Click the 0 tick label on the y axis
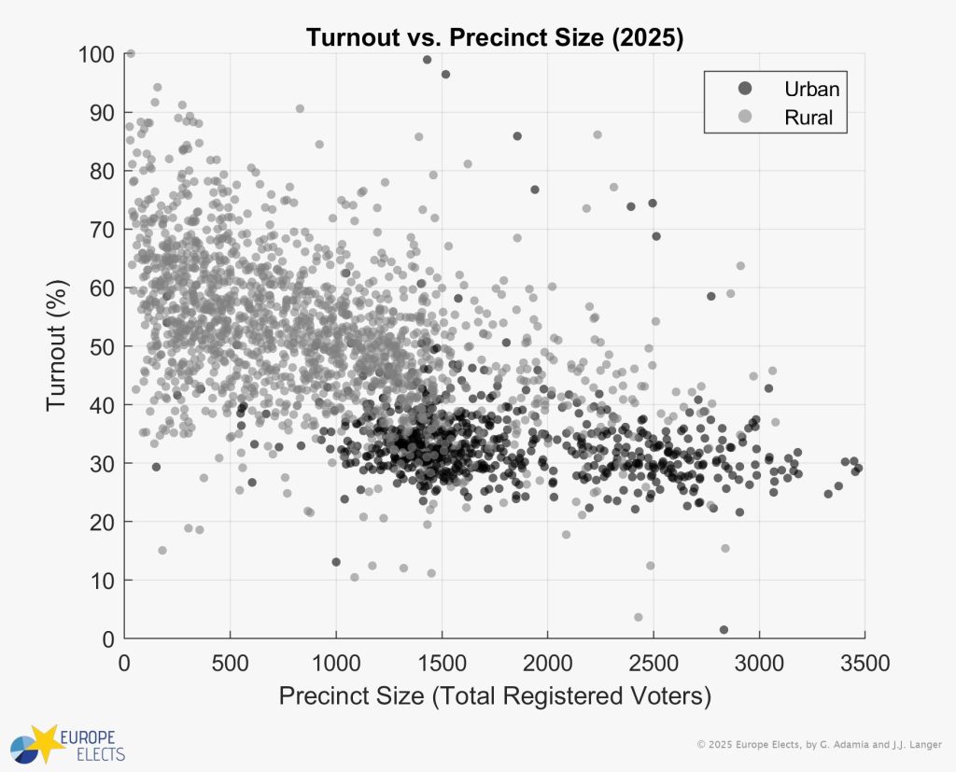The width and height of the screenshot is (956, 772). pyautogui.click(x=109, y=639)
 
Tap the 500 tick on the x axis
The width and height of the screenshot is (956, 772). pyautogui.click(x=230, y=663)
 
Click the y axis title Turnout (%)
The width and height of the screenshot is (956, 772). pyautogui.click(x=58, y=345)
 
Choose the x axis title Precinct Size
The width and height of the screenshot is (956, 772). pyautogui.click(x=495, y=696)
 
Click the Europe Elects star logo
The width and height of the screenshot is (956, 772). pyautogui.click(x=46, y=740)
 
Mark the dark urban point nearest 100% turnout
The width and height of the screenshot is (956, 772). pyautogui.click(x=427, y=60)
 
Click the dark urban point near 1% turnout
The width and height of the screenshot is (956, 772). pyautogui.click(x=724, y=629)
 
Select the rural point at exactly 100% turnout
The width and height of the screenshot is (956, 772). pyautogui.click(x=130, y=53)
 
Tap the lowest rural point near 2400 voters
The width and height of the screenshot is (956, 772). pyautogui.click(x=639, y=617)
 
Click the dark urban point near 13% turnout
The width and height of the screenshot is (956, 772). pyautogui.click(x=336, y=562)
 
